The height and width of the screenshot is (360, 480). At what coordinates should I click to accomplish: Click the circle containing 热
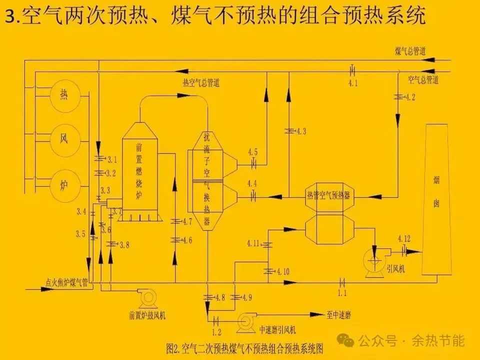[x=63, y=93]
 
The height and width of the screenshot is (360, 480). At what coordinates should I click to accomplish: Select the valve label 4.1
[x=353, y=83]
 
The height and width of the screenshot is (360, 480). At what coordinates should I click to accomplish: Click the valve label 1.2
[x=216, y=331]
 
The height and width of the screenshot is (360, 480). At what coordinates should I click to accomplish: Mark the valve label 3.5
[x=80, y=233]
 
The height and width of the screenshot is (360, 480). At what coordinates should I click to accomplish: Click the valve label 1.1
[x=342, y=292]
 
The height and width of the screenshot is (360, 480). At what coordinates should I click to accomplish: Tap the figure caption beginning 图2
[x=248, y=346]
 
